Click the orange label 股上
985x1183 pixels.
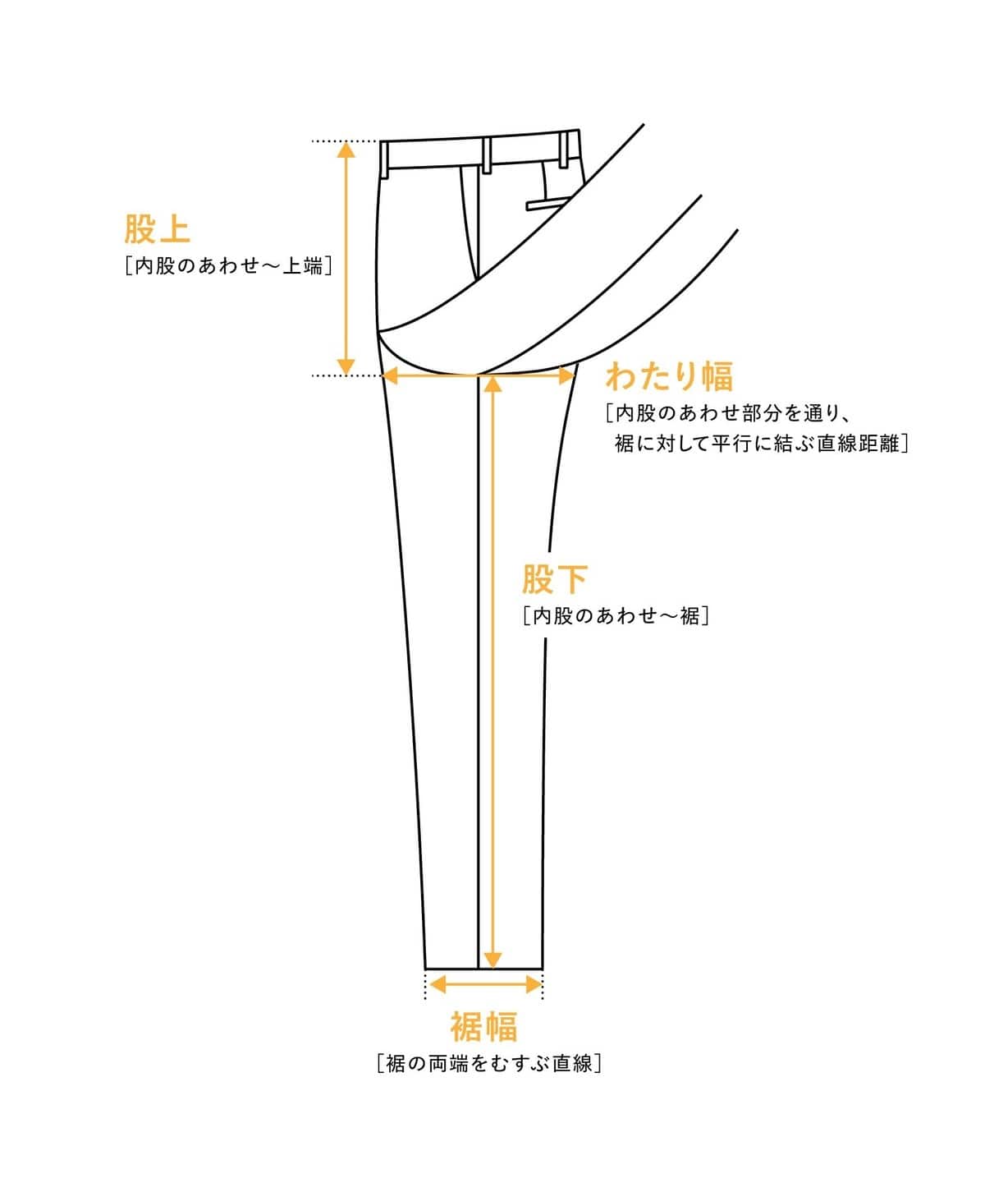(157, 228)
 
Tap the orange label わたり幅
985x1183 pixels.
(670, 376)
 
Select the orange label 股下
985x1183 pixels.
(555, 578)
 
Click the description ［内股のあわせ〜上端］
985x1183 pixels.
(229, 265)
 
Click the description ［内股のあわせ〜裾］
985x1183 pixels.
(616, 615)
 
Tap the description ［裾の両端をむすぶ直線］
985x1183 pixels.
(489, 1063)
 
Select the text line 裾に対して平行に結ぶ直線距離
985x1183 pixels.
(757, 443)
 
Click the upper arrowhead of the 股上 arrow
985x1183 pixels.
(346, 149)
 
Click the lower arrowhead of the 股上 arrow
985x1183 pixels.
(346, 366)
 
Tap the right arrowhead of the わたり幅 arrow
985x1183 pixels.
(567, 375)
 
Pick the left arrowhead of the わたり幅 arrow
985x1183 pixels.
(391, 375)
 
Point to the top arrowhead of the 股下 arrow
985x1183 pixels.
(493, 384)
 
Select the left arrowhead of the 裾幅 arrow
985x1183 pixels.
(438, 984)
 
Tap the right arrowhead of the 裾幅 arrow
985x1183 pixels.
(534, 984)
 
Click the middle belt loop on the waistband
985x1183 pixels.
(486, 154)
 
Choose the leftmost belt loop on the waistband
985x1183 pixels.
(384, 159)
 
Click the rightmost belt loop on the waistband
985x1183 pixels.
(564, 150)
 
